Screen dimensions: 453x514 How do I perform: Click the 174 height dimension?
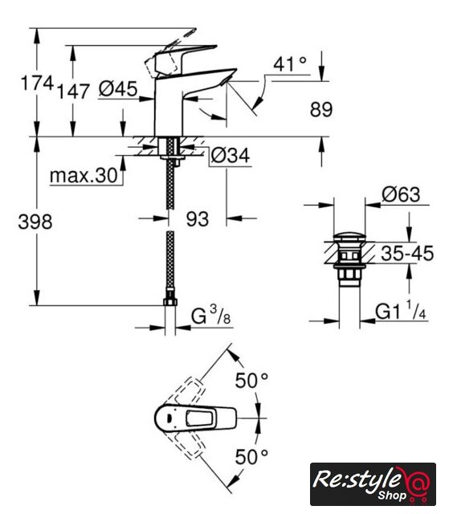(37, 83)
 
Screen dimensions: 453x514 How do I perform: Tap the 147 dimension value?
(73, 91)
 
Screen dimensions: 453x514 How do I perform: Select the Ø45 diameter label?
(118, 89)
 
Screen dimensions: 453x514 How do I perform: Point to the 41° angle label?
(290, 64)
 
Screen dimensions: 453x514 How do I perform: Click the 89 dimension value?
(321, 109)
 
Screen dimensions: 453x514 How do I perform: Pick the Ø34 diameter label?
(230, 155)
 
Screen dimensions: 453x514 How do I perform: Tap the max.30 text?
(84, 176)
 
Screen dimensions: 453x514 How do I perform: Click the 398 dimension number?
(35, 222)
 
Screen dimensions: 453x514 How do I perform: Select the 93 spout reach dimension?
(198, 219)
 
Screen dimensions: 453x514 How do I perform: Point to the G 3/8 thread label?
(211, 316)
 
